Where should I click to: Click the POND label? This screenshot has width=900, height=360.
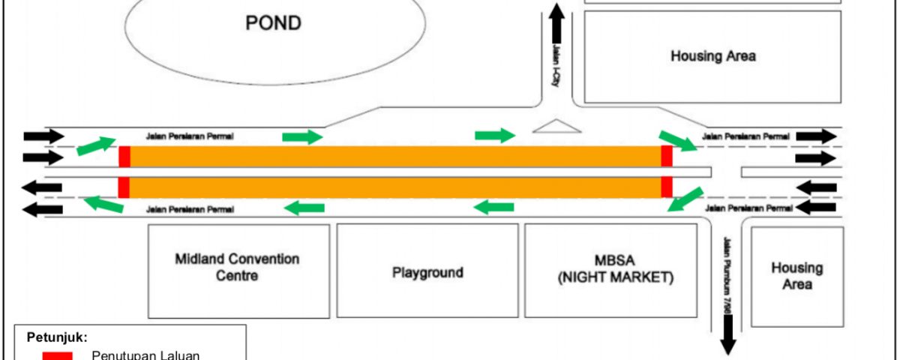(x=273, y=23)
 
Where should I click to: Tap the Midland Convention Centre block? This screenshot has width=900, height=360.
(x=238, y=271)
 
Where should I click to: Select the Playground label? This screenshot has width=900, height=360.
(x=427, y=272)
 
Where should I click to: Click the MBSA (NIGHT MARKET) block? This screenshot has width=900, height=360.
(x=610, y=271)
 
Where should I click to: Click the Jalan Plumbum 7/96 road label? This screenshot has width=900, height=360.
(x=727, y=275)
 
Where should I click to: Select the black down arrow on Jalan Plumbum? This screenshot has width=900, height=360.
(x=728, y=335)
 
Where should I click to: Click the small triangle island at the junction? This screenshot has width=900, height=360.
(x=556, y=126)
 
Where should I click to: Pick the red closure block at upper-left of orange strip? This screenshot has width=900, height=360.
(x=124, y=157)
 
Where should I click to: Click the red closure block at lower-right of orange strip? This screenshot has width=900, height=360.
(x=667, y=187)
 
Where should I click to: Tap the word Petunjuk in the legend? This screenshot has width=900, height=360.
(x=57, y=337)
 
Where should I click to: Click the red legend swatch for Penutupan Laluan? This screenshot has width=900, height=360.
(x=58, y=356)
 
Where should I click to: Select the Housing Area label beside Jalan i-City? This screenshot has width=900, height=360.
(x=713, y=55)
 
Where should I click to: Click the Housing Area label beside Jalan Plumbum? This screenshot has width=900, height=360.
(x=797, y=276)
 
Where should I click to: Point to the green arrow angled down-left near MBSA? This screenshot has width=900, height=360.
(x=685, y=199)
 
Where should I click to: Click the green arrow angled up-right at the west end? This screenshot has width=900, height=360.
(x=96, y=145)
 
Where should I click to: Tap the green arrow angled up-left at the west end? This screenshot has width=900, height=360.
(x=103, y=204)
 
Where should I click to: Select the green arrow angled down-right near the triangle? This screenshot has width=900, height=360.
(x=678, y=141)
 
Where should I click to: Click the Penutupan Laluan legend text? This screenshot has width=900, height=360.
(x=145, y=355)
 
